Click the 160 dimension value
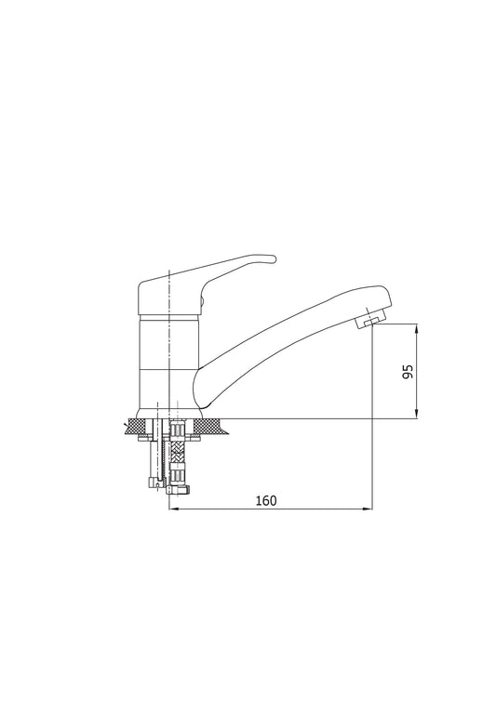266,501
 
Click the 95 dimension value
409,372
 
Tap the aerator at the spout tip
371,322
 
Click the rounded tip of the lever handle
272,258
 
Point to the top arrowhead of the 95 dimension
417,328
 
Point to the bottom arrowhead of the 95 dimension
417,415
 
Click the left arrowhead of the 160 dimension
174,509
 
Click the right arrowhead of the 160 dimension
368,509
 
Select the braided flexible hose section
178,453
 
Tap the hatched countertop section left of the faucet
139,426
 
